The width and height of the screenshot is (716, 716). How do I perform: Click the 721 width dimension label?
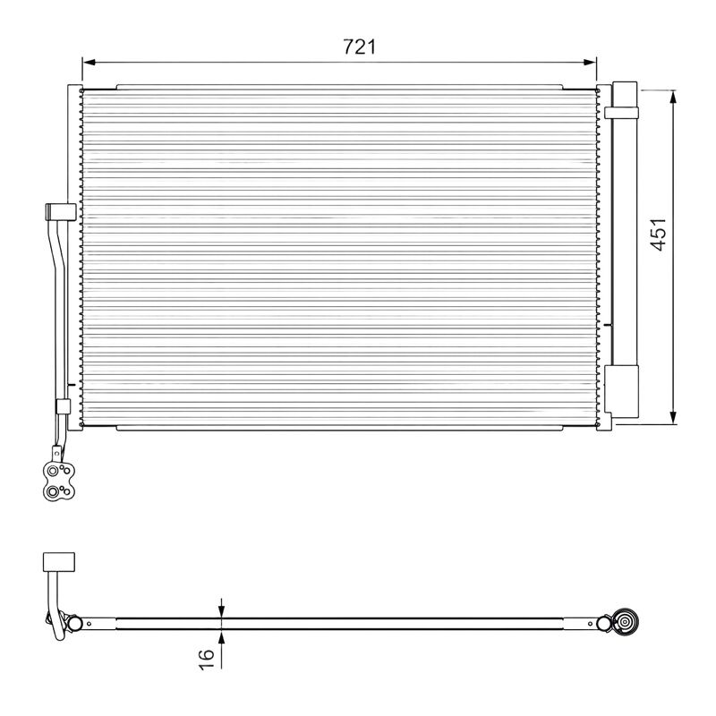point(360,47)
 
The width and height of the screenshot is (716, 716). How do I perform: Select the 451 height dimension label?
point(659,234)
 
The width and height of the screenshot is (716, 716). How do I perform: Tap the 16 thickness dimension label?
point(207,660)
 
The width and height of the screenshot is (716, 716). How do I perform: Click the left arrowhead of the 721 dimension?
point(89,63)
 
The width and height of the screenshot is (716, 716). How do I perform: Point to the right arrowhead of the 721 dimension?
point(590,63)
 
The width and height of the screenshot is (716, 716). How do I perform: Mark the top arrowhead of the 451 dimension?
point(673,98)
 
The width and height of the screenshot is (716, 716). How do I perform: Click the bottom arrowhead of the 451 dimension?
point(673,417)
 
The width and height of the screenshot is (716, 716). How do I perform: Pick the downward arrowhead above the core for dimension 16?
point(221,611)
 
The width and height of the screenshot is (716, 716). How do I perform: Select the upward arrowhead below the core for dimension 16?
point(221,636)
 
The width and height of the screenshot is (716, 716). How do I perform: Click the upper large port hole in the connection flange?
point(54,471)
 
